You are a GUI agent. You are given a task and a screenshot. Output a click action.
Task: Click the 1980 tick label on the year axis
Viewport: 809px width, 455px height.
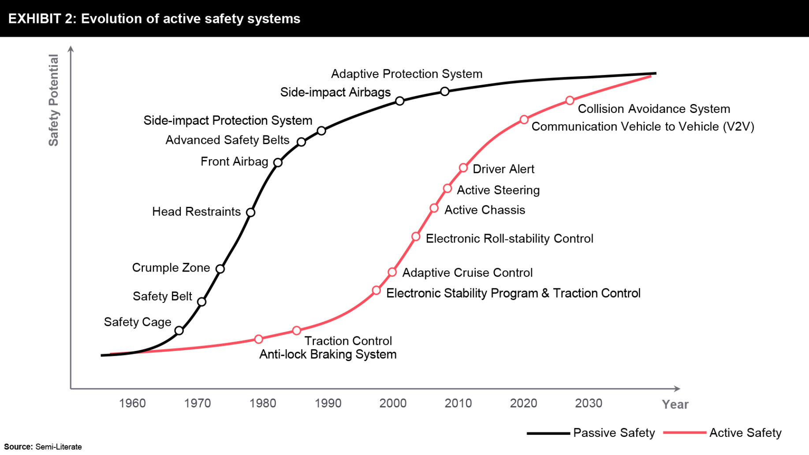click(263, 403)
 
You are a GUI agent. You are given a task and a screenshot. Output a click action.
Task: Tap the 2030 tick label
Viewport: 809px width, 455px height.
click(589, 403)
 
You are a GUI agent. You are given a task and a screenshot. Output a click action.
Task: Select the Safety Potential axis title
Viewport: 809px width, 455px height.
click(53, 100)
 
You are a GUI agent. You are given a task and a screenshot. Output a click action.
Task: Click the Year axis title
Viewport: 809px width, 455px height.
click(675, 404)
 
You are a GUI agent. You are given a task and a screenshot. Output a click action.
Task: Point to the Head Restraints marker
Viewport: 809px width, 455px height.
click(250, 212)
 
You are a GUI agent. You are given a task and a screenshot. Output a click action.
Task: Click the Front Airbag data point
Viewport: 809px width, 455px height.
click(278, 162)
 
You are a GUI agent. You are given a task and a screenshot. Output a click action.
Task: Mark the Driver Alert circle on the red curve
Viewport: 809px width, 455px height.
click(463, 168)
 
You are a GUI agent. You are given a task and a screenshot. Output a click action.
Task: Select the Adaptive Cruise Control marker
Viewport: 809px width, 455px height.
click(392, 272)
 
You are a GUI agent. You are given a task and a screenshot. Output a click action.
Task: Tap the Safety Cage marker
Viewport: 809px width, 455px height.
click(179, 330)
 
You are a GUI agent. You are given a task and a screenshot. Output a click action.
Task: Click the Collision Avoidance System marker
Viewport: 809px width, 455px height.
click(570, 101)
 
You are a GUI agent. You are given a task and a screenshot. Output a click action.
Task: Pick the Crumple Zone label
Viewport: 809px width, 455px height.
click(171, 268)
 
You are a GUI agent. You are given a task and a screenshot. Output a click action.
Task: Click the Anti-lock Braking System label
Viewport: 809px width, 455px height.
click(328, 354)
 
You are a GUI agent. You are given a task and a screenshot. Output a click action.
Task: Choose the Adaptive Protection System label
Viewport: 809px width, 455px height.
click(406, 74)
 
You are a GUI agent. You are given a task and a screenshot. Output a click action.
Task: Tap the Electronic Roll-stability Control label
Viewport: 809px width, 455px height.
click(509, 239)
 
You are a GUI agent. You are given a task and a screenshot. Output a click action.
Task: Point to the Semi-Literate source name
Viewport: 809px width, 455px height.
click(59, 447)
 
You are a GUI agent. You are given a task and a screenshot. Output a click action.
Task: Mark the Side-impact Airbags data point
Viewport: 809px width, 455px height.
click(399, 101)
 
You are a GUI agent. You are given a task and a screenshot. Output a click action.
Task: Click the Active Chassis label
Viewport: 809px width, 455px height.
click(485, 210)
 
